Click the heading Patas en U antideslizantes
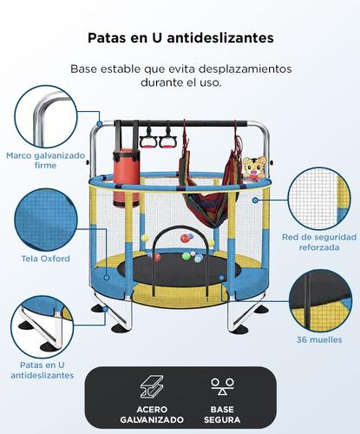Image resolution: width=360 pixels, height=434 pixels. coord(180,38)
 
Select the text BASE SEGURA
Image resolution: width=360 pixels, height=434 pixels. coord(221,413)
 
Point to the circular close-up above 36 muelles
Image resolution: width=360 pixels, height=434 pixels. coord(319,297)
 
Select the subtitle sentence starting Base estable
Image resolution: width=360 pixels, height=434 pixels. coord(180,76)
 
